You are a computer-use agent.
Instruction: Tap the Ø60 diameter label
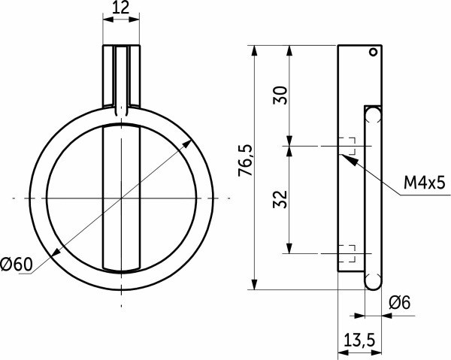(x=17, y=264)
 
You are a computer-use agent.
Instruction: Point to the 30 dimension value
(x=279, y=94)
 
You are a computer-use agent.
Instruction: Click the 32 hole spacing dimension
(x=279, y=199)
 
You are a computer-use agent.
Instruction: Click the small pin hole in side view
(x=371, y=53)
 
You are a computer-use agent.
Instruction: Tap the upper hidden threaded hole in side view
(x=347, y=145)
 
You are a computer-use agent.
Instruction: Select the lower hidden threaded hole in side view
(x=347, y=253)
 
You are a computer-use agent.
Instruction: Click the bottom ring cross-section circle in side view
(x=373, y=281)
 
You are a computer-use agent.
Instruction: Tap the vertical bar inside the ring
(x=121, y=198)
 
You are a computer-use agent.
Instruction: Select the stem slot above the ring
(x=121, y=75)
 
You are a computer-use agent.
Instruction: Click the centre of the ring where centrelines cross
(x=121, y=198)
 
